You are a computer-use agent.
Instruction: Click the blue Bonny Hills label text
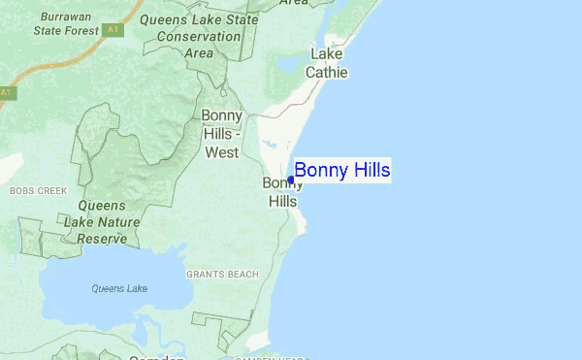[x=342, y=171]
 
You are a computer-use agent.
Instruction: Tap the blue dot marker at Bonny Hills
[x=291, y=180]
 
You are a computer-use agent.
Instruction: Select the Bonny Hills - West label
[x=221, y=134]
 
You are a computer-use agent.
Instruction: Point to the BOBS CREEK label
[x=38, y=191]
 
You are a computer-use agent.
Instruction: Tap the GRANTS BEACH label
[x=222, y=275]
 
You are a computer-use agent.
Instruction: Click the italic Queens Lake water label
[x=119, y=288]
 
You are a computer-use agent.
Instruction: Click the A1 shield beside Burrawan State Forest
[x=113, y=30]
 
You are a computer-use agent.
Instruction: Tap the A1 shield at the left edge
[x=6, y=92]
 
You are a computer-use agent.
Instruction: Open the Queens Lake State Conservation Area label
[x=199, y=36]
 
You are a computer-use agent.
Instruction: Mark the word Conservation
[x=198, y=37]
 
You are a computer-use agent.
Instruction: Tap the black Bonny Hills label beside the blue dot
[x=280, y=192]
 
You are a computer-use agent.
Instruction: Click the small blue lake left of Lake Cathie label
[x=288, y=63]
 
